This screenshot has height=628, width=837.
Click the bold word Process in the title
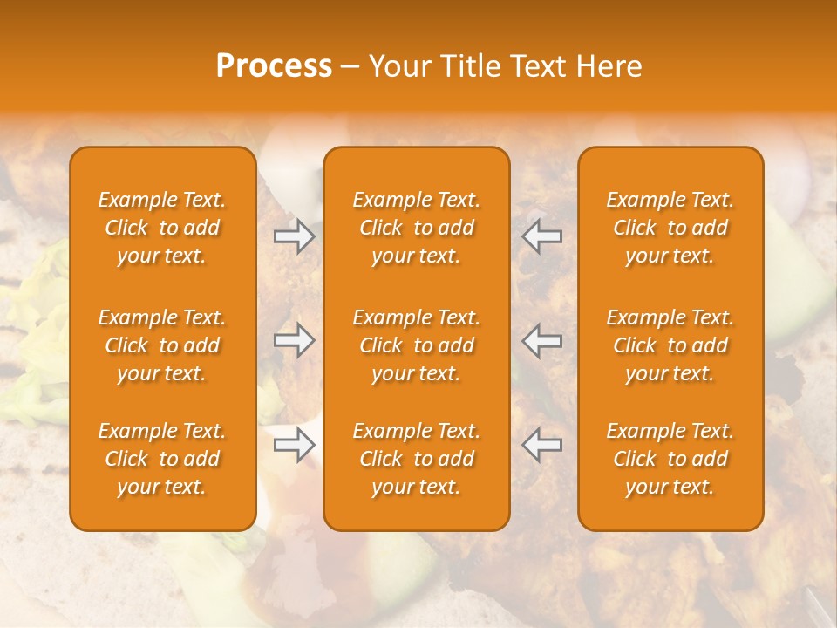tap(274, 66)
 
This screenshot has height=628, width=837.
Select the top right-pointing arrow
tap(294, 236)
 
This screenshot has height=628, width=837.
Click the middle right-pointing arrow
tap(294, 341)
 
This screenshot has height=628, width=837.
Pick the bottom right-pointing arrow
tap(294, 446)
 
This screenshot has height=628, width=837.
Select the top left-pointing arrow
tap(541, 236)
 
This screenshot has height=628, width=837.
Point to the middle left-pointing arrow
tap(541, 341)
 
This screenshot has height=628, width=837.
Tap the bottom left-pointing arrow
tap(541, 446)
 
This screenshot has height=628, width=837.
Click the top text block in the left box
tap(162, 228)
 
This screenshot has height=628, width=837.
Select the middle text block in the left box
tap(162, 345)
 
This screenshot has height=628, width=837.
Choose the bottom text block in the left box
tap(162, 459)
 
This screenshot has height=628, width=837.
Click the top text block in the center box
tap(417, 228)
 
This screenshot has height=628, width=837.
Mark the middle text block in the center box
tap(417, 345)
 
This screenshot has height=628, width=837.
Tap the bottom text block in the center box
tap(417, 459)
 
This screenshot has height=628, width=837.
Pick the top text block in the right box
tap(670, 228)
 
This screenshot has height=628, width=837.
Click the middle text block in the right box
tap(670, 345)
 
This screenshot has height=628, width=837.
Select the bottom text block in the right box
tap(670, 459)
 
